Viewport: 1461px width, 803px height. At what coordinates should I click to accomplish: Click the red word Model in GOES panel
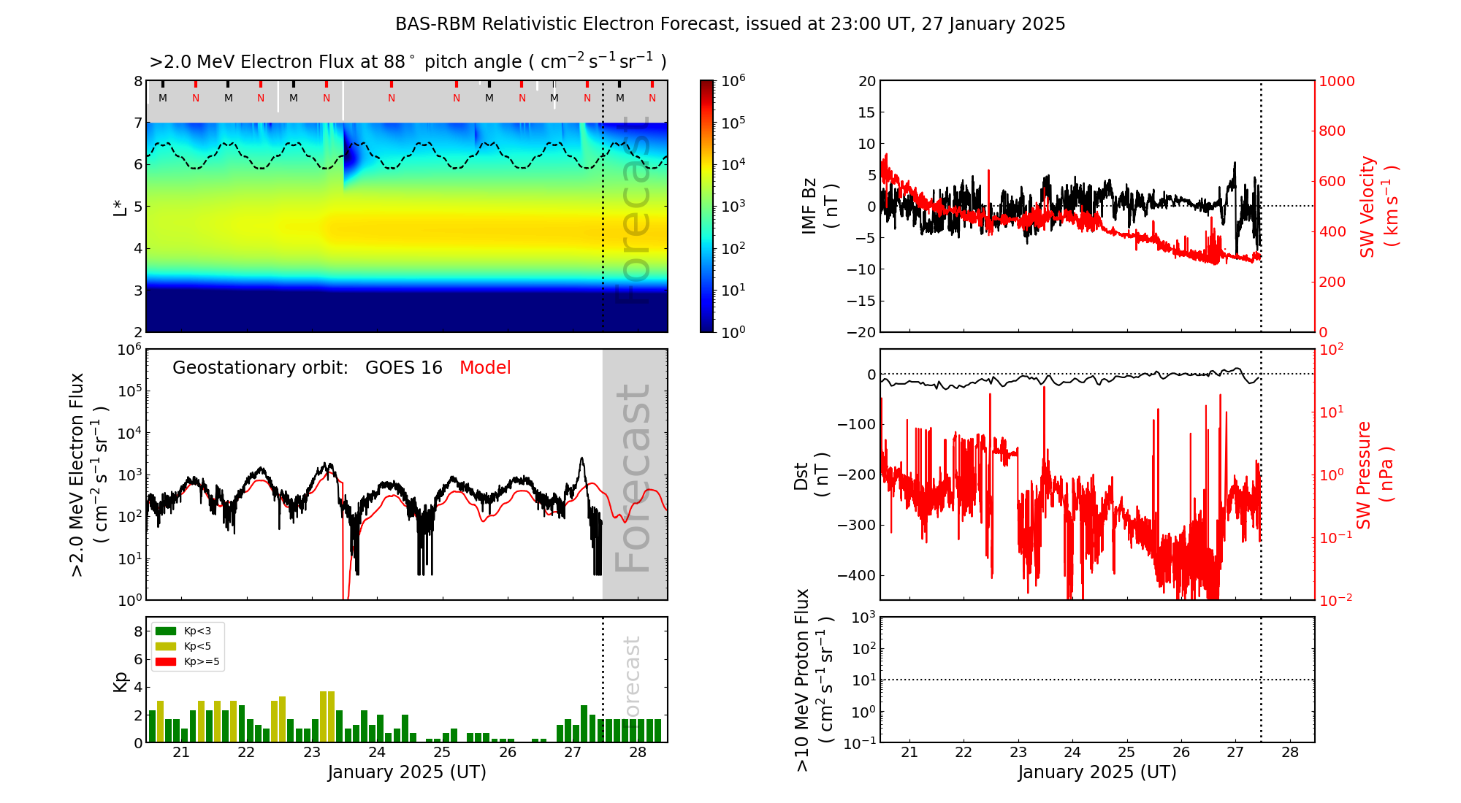(485, 368)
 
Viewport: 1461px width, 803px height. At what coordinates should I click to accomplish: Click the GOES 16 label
(404, 368)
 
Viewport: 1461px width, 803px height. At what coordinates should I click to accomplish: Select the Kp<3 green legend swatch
(166, 631)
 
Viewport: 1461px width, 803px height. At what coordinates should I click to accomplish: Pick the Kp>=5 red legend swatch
(166, 662)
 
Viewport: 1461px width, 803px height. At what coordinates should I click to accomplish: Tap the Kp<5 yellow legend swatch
(166, 646)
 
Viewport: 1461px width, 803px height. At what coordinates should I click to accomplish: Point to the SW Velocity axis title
(1378, 206)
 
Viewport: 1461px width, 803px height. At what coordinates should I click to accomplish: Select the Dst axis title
(811, 474)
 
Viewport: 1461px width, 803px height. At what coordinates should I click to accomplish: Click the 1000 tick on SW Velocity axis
(1336, 81)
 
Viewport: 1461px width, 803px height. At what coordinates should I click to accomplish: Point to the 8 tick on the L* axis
(137, 81)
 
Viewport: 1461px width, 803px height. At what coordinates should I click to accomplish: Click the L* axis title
(120, 206)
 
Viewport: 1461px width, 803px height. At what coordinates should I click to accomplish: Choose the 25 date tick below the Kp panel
(442, 753)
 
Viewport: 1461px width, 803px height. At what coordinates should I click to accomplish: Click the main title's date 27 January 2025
(993, 24)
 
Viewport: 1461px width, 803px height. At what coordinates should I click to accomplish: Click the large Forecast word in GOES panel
(633, 478)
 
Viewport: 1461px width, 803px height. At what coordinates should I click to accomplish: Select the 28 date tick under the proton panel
(1290, 753)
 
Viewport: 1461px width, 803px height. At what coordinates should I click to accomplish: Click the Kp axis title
(120, 682)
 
